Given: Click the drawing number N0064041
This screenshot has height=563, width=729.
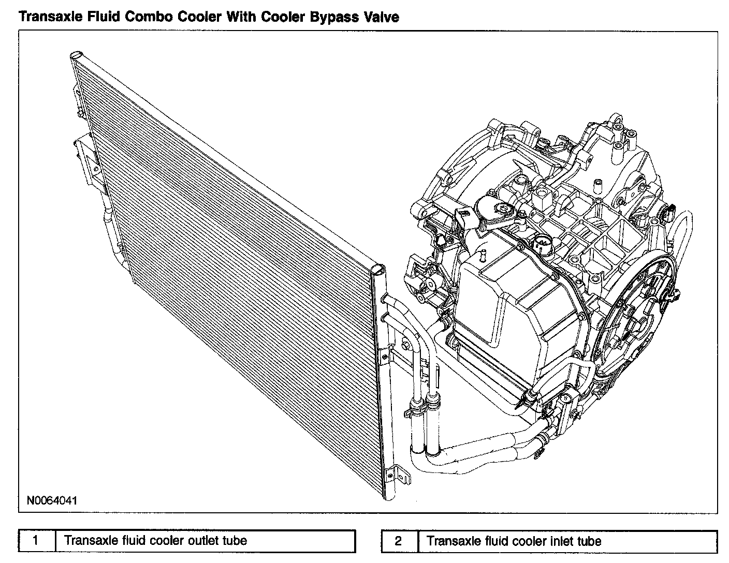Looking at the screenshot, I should [x=52, y=500].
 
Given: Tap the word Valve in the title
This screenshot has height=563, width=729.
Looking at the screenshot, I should [x=382, y=17].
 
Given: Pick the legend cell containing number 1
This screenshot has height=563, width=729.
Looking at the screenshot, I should [x=36, y=541].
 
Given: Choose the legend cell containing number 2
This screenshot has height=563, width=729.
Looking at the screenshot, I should [x=398, y=541].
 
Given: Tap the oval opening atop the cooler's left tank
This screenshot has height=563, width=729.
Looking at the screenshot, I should [x=76, y=54].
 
